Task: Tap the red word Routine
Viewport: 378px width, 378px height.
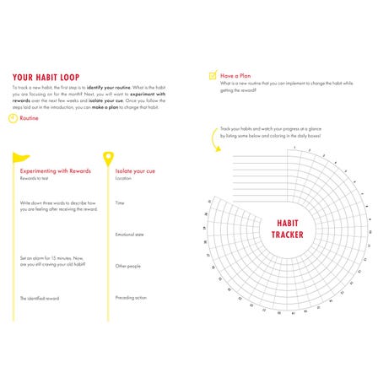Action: click(30, 118)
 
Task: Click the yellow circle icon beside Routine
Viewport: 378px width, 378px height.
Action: click(13, 118)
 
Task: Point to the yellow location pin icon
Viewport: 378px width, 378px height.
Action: click(108, 158)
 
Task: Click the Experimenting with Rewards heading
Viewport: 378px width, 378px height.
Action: click(55, 171)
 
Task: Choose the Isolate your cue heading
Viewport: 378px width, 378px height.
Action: click(135, 171)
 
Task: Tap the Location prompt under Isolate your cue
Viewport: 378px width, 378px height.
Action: click(123, 178)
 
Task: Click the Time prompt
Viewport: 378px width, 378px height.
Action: click(120, 202)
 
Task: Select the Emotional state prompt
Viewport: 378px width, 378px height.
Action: click(129, 234)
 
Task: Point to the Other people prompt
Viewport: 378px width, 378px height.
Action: click(127, 266)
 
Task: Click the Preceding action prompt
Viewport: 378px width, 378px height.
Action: click(131, 297)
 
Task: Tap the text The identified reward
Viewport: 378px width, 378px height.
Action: click(39, 298)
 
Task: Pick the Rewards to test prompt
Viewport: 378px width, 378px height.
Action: click(35, 178)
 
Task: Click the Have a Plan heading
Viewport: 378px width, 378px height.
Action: click(235, 75)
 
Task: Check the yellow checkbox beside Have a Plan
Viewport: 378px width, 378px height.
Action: click(213, 75)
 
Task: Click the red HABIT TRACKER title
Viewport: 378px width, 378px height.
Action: click(288, 229)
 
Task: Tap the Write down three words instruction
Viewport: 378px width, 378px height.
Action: click(57, 205)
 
